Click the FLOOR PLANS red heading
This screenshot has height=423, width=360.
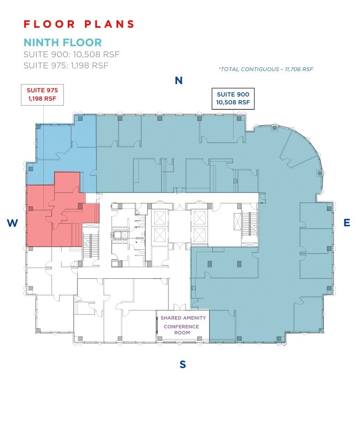[79, 24]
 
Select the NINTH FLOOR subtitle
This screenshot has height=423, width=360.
[63, 42]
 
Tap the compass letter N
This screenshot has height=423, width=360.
[179, 81]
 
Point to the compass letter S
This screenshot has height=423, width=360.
[183, 364]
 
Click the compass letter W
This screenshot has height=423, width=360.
[12, 224]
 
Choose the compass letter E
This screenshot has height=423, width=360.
[347, 223]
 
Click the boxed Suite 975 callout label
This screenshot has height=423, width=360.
[42, 94]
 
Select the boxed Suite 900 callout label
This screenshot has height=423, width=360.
[233, 98]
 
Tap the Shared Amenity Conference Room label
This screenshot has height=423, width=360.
[183, 325]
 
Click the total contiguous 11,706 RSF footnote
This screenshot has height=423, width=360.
[266, 69]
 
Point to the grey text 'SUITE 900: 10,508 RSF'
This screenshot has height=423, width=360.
[72, 54]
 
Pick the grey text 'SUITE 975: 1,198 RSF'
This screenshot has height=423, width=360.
[66, 66]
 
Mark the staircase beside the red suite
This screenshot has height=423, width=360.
[90, 245]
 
